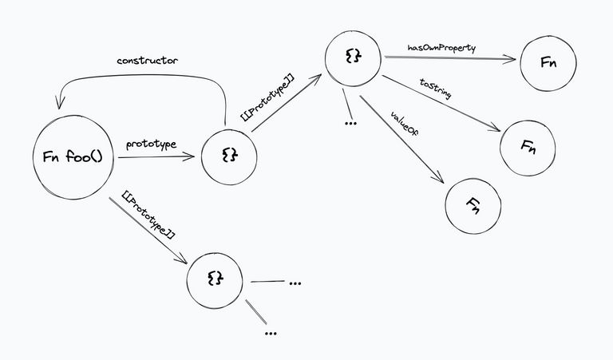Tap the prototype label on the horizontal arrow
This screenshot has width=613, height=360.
pos(151,144)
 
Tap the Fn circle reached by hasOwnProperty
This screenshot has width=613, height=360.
pos(548,63)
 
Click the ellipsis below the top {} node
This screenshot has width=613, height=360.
pos(349,124)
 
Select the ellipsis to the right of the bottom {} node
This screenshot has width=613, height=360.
pos(295,283)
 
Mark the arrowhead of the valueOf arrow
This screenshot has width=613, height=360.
pos(441,184)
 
